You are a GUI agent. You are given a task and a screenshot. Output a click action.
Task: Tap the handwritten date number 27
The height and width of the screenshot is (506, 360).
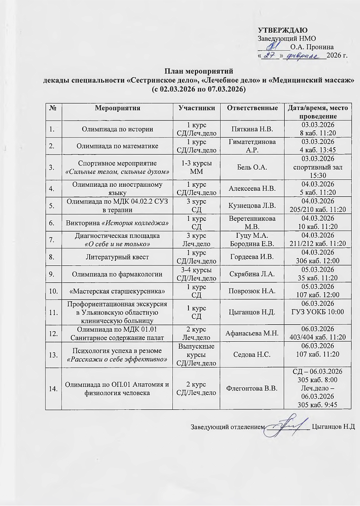269,55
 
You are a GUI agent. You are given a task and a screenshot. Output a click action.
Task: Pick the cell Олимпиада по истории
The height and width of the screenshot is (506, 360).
117,129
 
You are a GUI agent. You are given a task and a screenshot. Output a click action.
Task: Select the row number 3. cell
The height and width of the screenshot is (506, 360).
53,167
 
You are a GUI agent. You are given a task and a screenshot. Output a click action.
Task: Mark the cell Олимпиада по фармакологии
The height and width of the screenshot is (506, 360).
117,274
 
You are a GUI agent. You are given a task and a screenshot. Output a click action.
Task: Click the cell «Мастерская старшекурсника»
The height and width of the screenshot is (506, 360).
117,291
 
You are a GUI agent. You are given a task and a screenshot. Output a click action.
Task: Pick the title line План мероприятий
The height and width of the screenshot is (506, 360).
199,71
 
